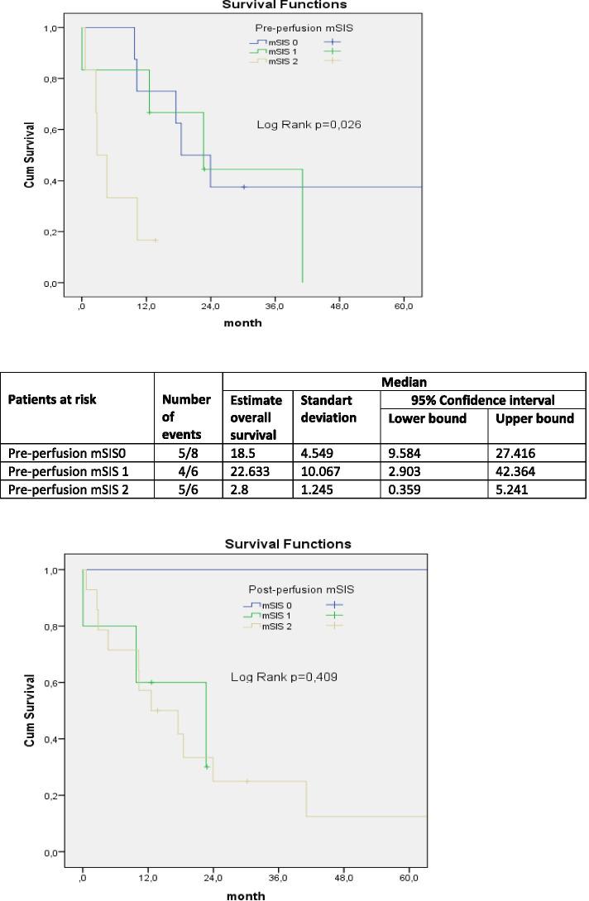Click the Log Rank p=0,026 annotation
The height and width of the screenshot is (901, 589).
click(x=309, y=125)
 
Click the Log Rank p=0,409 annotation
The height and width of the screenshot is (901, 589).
click(x=284, y=677)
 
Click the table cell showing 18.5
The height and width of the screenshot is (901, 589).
click(x=257, y=453)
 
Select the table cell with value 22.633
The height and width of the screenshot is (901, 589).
click(x=257, y=471)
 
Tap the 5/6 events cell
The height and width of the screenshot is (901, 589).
click(x=189, y=489)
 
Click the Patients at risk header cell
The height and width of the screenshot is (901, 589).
click(x=52, y=399)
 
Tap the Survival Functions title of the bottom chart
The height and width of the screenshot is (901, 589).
click(x=288, y=544)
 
